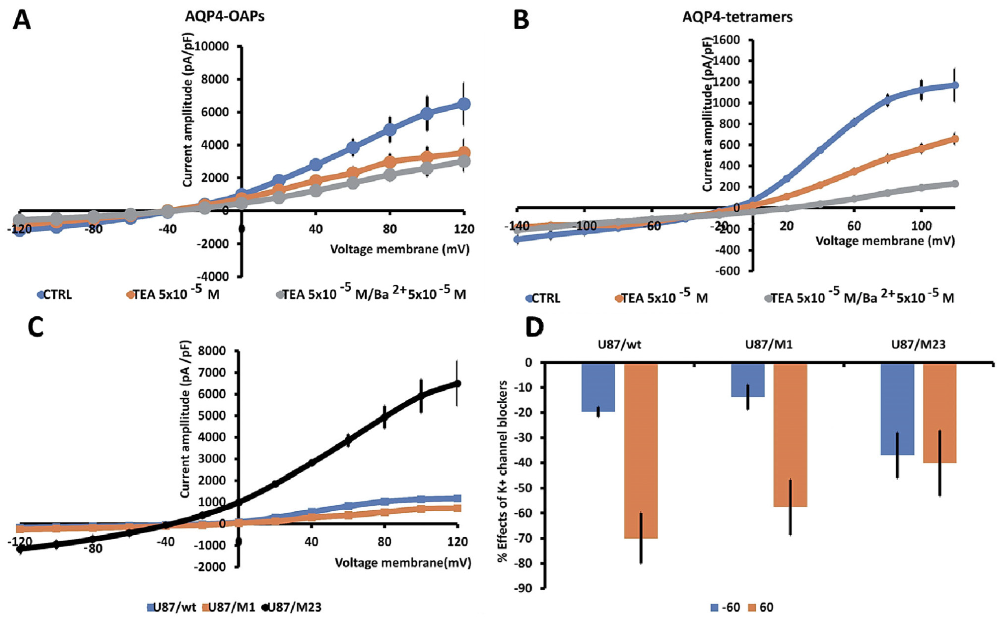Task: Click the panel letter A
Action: pyautogui.click(x=21, y=20)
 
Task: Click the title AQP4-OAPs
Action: pyautogui.click(x=225, y=18)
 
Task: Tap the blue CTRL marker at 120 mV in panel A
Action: pyautogui.click(x=464, y=104)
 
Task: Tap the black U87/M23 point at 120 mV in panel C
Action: pyautogui.click(x=457, y=383)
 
